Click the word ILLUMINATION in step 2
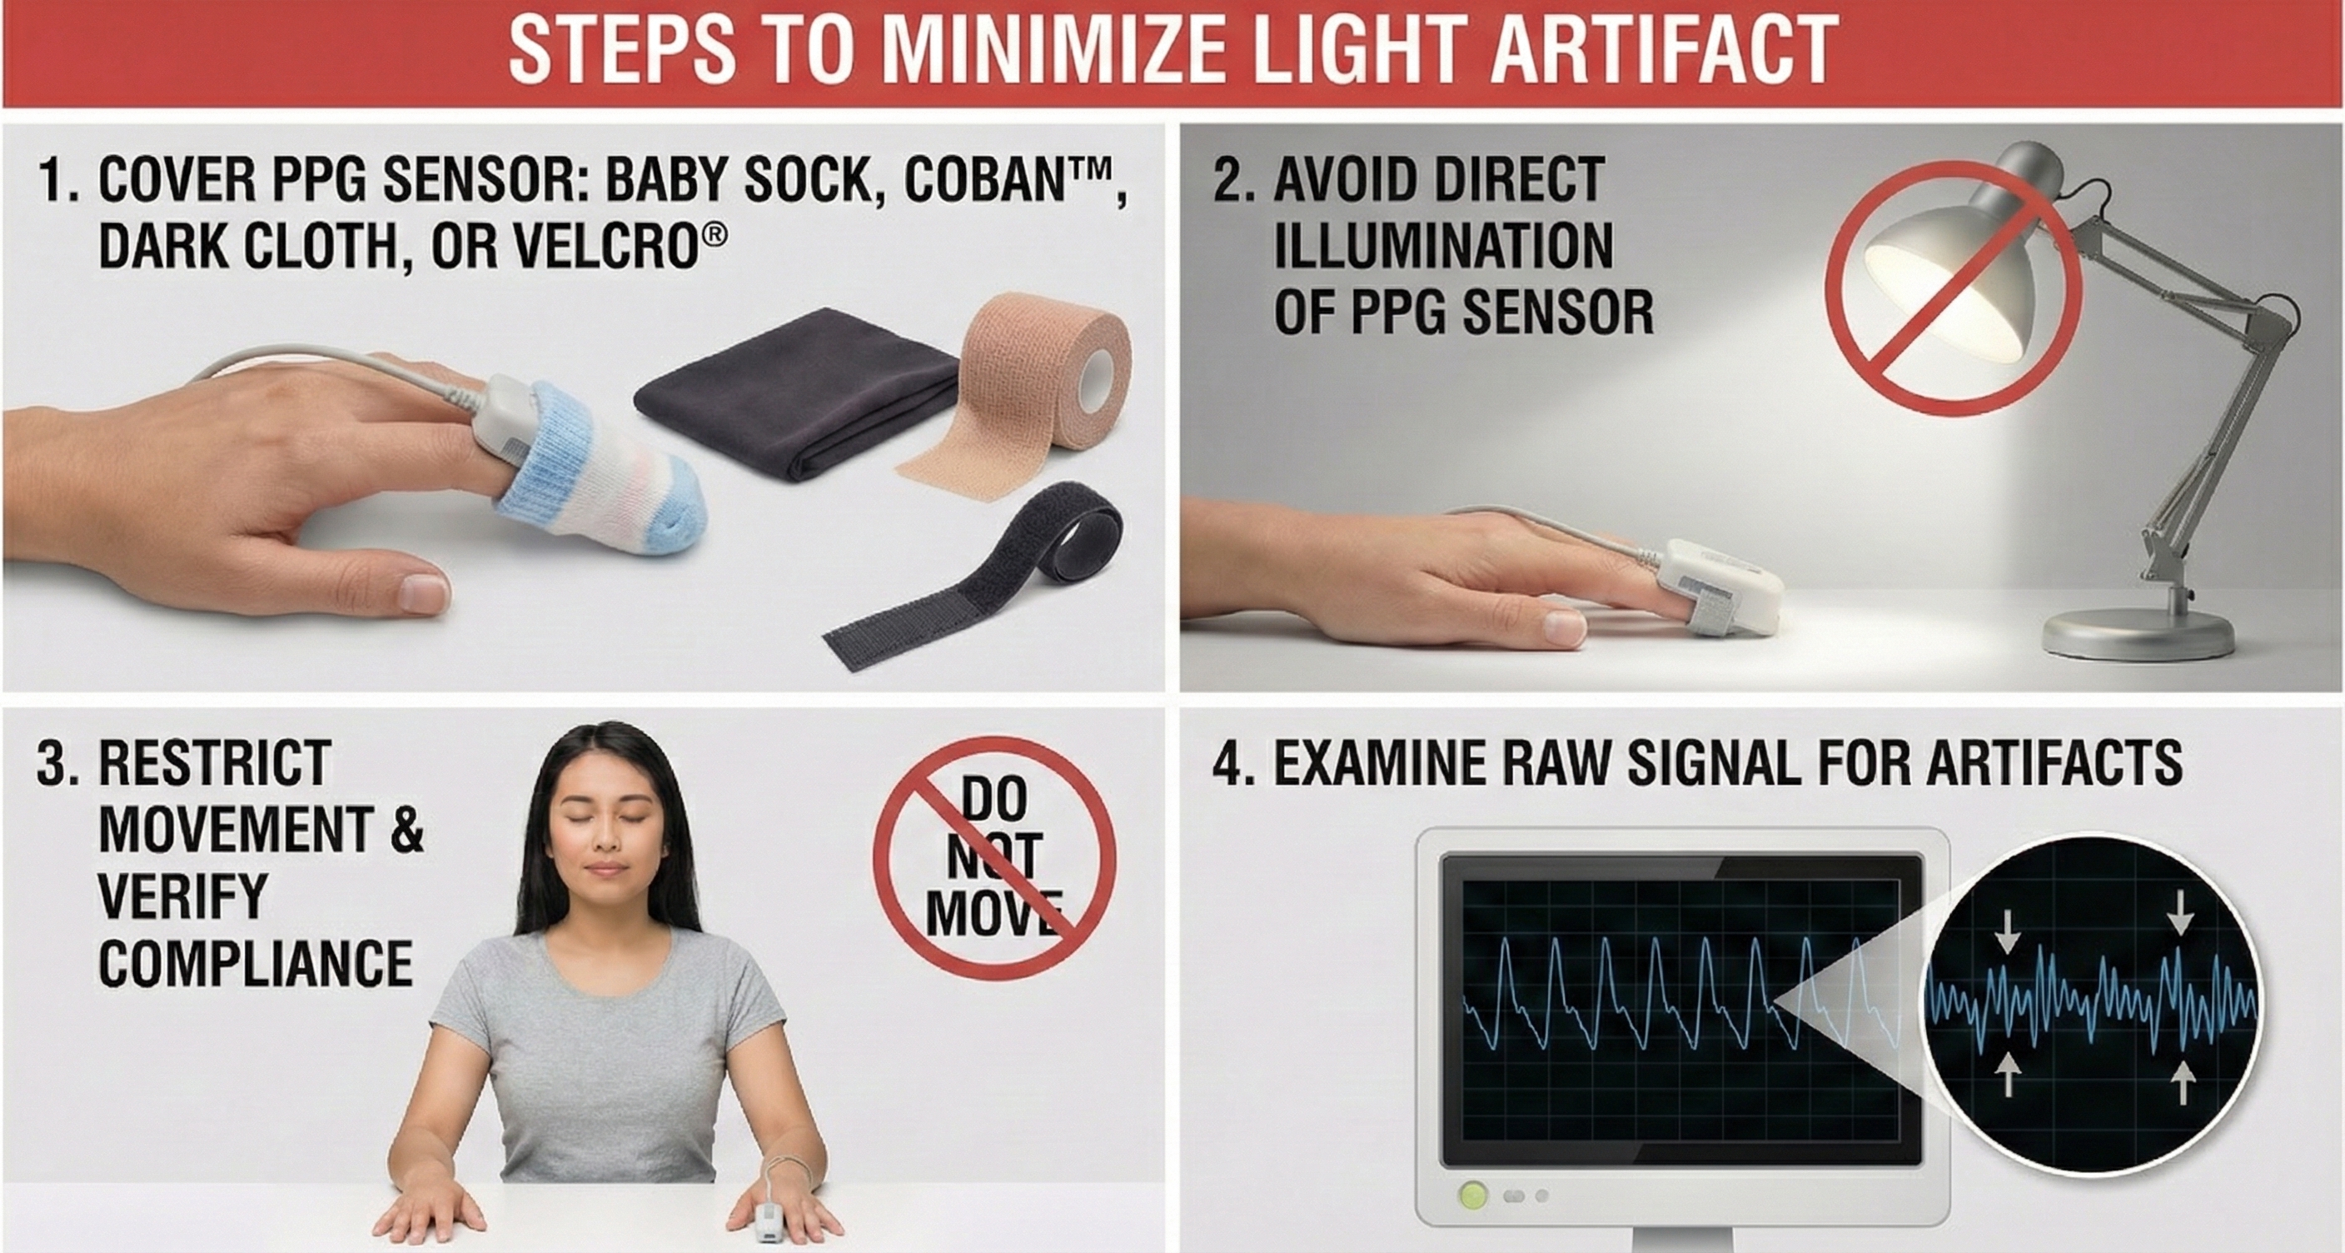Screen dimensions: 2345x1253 coord(1442,246)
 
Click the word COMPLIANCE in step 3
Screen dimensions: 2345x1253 coord(255,963)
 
